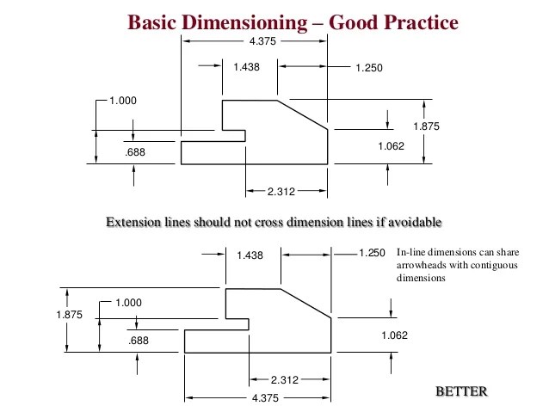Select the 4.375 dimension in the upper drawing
[262, 40]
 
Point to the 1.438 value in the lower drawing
[250, 255]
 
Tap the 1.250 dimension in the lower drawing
[371, 253]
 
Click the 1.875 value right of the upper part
[426, 126]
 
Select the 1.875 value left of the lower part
[69, 315]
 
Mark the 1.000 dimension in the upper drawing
[123, 101]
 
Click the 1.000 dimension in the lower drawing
[128, 303]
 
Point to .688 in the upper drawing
[134, 151]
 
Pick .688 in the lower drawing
[139, 341]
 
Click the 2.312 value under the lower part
[285, 379]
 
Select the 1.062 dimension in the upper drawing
[391, 145]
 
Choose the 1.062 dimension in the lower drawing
[394, 335]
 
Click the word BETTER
[462, 392]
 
